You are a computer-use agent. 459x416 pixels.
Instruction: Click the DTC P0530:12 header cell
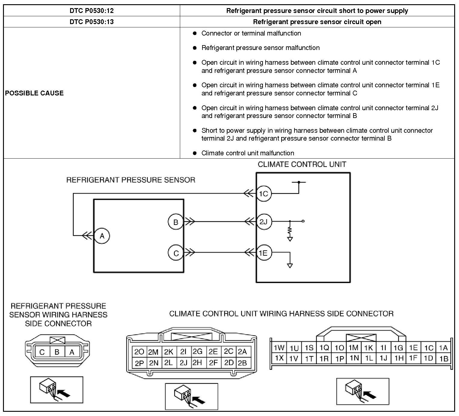point(92,11)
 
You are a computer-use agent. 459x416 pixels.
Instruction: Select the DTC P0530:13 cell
point(92,22)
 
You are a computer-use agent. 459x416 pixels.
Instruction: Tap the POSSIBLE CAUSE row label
point(34,93)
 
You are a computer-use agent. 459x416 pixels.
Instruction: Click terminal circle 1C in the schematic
point(263,194)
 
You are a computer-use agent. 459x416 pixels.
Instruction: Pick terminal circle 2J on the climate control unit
point(263,222)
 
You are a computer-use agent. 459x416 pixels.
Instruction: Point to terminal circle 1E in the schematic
point(263,253)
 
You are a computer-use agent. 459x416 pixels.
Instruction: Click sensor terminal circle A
point(102,236)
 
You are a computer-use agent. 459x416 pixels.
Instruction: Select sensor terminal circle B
point(176,222)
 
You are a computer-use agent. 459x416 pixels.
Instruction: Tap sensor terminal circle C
point(176,253)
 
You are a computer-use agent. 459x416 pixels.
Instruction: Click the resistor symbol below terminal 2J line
point(290,231)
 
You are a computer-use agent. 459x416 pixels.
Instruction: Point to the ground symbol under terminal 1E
point(290,266)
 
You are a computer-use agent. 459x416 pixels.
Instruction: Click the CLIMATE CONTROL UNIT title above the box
point(302,164)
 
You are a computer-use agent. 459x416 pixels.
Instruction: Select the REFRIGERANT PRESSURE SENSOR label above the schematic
point(131,180)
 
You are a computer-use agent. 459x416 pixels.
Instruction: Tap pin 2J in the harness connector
point(183,363)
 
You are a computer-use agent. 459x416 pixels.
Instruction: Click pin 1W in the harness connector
point(279,348)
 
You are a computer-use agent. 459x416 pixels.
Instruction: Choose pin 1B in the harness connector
point(444,359)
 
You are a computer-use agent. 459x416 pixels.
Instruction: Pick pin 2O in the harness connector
point(139,352)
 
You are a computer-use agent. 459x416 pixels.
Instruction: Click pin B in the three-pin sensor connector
point(57,352)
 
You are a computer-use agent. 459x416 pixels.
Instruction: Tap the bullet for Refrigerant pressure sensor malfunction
point(195,48)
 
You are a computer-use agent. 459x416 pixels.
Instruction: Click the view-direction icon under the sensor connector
point(57,390)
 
